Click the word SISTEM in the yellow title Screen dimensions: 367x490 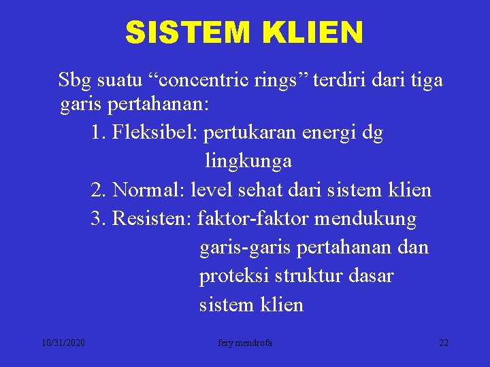pos(179,33)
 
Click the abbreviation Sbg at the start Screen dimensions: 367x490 pos(73,81)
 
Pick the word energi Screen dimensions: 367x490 pos(323,133)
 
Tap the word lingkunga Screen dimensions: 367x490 pos(248,161)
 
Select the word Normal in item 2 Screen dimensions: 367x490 pos(149,190)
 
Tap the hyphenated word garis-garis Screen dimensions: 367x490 pos(245,247)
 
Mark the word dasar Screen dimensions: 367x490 pos(373,276)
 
